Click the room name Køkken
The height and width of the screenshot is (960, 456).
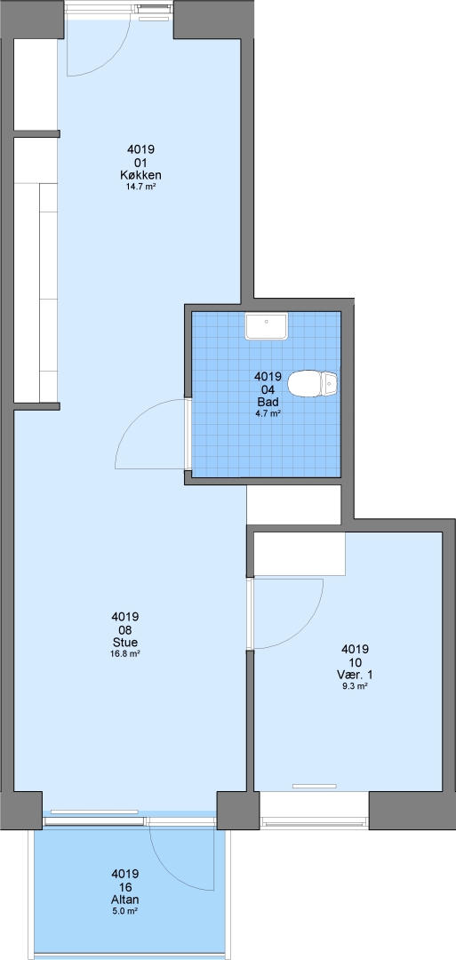[140, 176]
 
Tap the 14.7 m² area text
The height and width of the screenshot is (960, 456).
[140, 187]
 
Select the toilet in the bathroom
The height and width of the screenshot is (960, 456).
[312, 385]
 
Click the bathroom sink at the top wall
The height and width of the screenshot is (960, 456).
[267, 326]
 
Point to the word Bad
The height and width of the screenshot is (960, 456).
[268, 403]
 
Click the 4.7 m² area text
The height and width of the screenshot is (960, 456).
[268, 413]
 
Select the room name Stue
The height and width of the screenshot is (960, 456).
[125, 642]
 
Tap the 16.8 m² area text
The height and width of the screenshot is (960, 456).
[125, 653]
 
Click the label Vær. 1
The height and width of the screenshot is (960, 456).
[355, 675]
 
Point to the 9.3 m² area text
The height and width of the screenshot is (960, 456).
[355, 686]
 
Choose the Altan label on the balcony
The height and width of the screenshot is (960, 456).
[124, 900]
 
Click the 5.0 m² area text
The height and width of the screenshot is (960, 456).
[124, 911]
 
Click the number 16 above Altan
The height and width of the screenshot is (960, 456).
[124, 888]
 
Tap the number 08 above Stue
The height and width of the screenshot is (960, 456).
[125, 629]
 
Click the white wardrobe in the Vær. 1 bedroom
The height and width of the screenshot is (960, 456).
[300, 555]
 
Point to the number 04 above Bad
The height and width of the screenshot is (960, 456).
[268, 390]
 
